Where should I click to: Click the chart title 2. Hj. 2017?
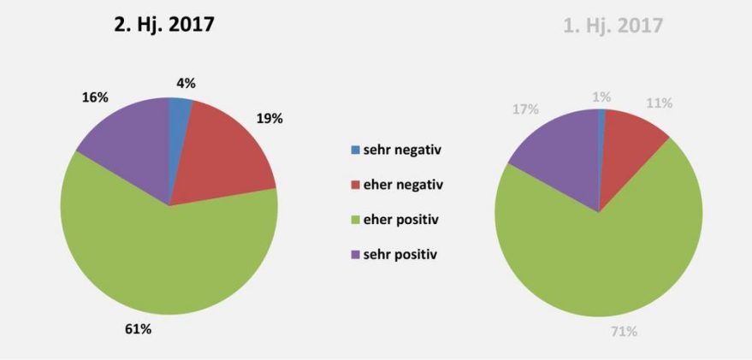[164, 25]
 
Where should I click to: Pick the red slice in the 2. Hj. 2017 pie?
[227, 154]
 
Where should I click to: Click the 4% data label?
[186, 83]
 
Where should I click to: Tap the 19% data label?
[269, 118]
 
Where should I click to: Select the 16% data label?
[96, 97]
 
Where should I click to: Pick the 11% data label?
[659, 103]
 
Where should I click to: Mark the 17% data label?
[525, 109]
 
